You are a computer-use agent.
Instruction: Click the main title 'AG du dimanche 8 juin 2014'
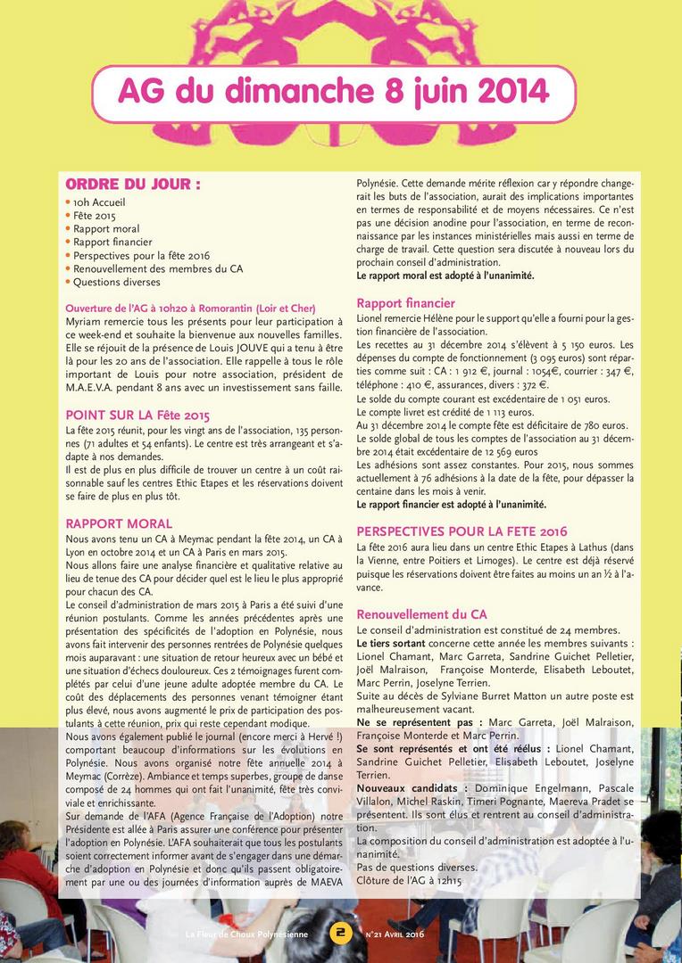click(333, 92)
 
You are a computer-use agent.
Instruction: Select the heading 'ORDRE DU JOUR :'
click(133, 185)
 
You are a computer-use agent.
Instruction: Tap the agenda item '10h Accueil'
click(99, 202)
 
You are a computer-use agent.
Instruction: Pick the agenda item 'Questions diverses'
click(116, 282)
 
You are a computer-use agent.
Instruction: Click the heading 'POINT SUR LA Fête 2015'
click(137, 416)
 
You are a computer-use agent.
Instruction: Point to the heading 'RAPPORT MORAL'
click(119, 523)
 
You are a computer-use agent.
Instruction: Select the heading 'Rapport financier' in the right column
click(405, 303)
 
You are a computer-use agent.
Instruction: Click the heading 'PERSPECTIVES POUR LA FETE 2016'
click(462, 531)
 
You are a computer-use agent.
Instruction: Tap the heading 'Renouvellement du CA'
click(421, 614)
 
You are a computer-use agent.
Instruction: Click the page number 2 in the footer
click(340, 934)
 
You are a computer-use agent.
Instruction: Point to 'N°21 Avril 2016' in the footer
click(395, 934)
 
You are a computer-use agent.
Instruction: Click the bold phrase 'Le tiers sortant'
click(391, 643)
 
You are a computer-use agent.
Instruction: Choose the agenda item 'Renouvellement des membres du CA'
click(158, 268)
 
